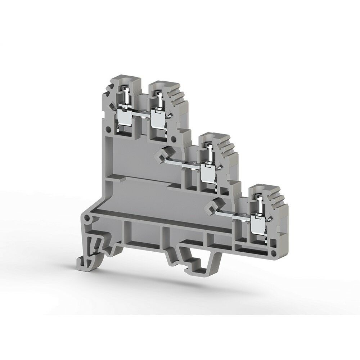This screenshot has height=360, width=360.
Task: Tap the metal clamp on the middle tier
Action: click(x=207, y=172)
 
